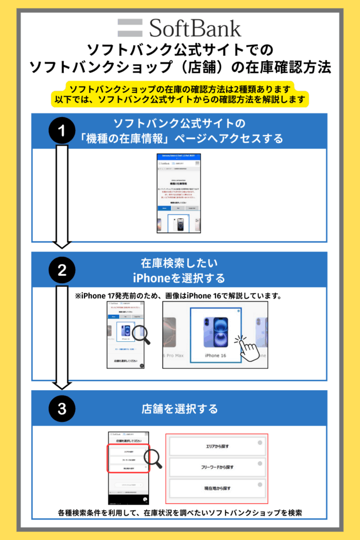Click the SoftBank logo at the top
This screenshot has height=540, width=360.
point(179,27)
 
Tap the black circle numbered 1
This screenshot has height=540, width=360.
point(62,131)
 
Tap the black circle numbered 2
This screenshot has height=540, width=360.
point(62,271)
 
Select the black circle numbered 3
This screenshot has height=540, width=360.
point(62,409)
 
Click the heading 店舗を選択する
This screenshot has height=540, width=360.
point(180,409)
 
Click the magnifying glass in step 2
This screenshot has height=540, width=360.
point(141,335)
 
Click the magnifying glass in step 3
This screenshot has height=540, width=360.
point(152,458)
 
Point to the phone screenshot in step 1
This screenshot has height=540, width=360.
point(179,193)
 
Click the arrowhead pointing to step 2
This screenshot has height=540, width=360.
point(62,244)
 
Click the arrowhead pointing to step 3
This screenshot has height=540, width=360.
point(62,383)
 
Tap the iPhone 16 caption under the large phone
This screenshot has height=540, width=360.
point(216,355)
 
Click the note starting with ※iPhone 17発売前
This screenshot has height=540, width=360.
point(180,296)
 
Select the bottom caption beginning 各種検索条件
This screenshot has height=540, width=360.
point(180,512)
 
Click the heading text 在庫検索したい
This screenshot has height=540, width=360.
point(180,263)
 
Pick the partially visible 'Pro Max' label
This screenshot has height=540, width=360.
point(174,356)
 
